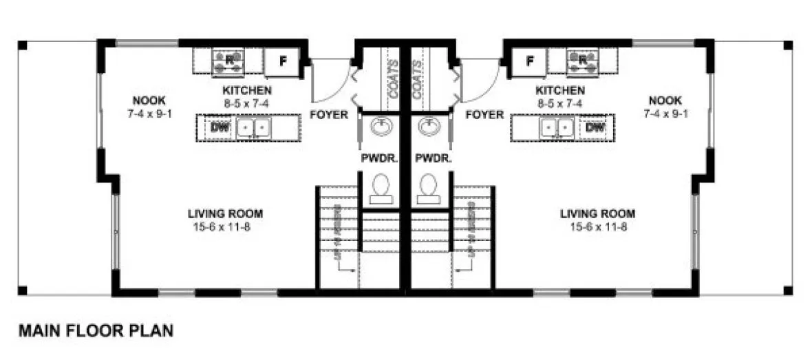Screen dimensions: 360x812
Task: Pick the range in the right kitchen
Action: tap(582, 61)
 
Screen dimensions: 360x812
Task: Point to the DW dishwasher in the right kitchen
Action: tap(596, 127)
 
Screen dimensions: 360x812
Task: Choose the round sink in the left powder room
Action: tap(381, 127)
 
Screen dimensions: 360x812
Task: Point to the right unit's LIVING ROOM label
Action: tap(597, 213)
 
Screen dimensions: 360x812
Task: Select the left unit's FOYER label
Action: tap(329, 115)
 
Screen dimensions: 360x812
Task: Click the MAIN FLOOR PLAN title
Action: tap(96, 331)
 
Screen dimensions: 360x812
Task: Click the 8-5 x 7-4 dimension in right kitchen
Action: tap(561, 103)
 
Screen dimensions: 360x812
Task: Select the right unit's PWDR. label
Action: tap(433, 158)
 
